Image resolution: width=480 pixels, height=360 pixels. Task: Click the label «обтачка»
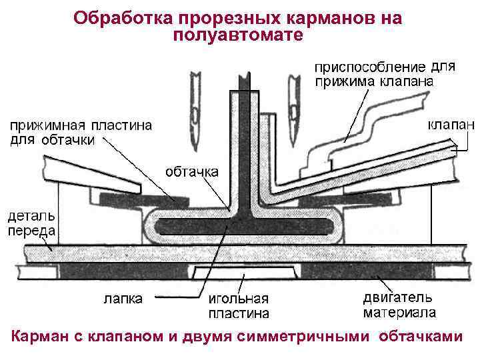191,171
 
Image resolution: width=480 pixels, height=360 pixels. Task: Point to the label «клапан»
450,124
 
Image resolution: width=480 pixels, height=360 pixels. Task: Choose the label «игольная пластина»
238,305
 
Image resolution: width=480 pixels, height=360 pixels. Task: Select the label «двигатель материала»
399,305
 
